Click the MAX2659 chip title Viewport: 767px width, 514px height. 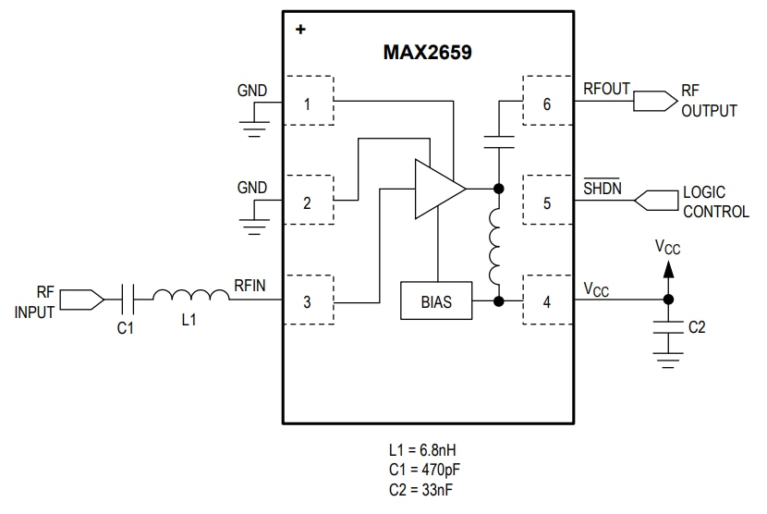pyautogui.click(x=427, y=53)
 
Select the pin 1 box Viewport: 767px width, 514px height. pyautogui.click(x=308, y=104)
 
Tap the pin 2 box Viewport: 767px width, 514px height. pyautogui.click(x=308, y=202)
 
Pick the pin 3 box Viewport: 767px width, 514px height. pyautogui.click(x=308, y=301)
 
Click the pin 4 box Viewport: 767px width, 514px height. pyautogui.click(x=547, y=301)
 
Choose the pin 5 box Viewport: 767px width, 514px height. pyautogui.click(x=547, y=202)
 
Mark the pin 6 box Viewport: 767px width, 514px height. pyautogui.click(x=547, y=104)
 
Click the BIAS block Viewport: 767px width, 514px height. pyautogui.click(x=436, y=301)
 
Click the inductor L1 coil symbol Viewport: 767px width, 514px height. pyautogui.click(x=190, y=297)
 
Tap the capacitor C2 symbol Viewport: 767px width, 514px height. pyautogui.click(x=668, y=326)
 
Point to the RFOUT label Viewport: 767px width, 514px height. pyautogui.click(x=606, y=89)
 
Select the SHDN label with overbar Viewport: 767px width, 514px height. pyautogui.click(x=603, y=189)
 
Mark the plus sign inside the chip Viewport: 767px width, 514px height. pyautogui.click(x=299, y=30)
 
